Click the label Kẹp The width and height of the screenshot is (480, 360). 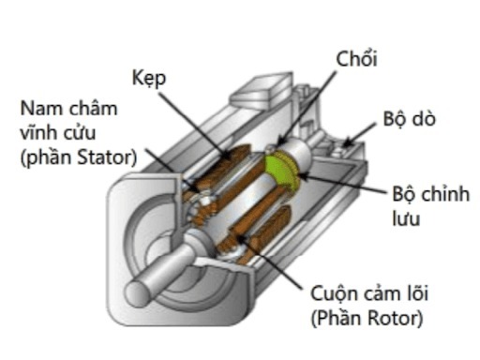click(149, 79)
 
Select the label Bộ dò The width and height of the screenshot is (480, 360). click(409, 121)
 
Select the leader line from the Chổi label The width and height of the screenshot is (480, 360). click(319, 103)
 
